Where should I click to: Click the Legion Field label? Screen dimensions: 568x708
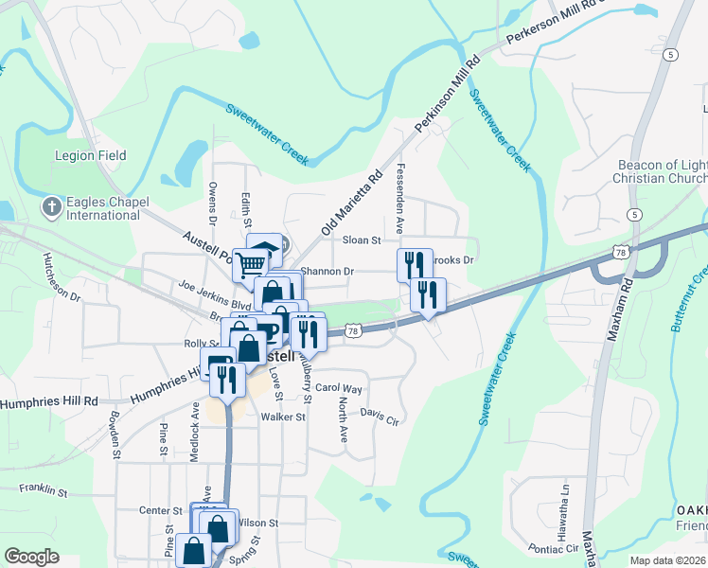91,156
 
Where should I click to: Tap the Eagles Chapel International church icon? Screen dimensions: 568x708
53,206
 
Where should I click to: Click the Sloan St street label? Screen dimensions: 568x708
361,240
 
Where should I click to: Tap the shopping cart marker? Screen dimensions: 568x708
250,264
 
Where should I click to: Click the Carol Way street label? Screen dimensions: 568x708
338,388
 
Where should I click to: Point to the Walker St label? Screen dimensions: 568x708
284,417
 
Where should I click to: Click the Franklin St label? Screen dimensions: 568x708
44,490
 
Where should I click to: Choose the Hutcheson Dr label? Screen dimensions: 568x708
62,276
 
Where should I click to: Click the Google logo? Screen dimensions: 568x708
31,557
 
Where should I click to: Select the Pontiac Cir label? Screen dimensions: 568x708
546,548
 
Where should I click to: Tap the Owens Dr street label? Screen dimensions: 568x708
213,204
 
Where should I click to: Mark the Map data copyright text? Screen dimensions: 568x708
668,560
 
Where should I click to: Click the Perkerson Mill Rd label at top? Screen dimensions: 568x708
554,23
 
